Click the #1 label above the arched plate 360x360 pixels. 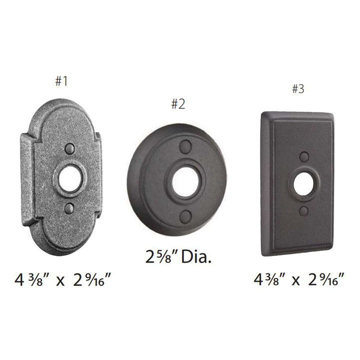pos(61,81)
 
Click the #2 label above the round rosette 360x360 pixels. pos(178,104)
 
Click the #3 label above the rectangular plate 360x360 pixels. pos(297,89)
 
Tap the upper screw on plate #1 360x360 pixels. pos(70,149)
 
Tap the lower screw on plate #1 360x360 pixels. pos(69,207)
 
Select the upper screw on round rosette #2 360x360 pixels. pos(185,146)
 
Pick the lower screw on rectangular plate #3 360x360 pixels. pos(303,211)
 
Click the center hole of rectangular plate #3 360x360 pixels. pos(303,184)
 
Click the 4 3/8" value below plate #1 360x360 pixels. pos(32,279)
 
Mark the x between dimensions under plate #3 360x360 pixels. pos(297,280)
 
